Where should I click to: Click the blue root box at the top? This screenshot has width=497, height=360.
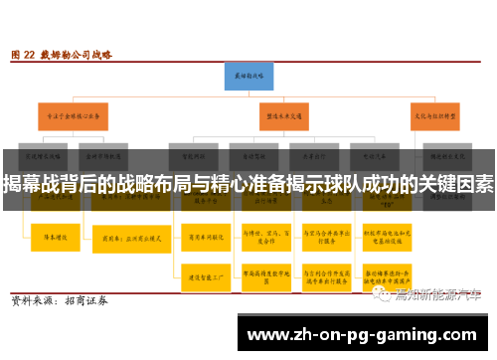pos(248,75)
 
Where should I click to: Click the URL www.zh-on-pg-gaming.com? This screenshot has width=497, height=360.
pos(365,334)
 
